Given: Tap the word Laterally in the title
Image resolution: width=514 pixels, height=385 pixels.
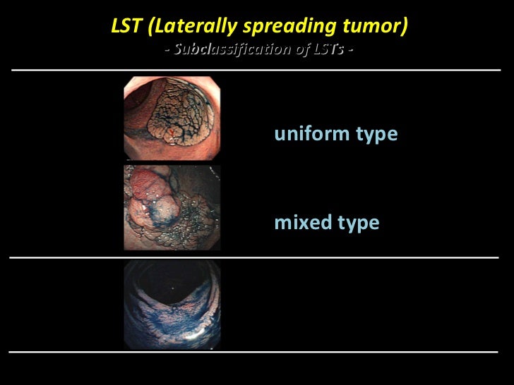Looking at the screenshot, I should (x=179, y=28).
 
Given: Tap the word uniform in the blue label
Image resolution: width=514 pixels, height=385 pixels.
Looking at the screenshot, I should (x=306, y=133).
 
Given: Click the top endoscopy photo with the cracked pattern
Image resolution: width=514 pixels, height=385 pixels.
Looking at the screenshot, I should (x=172, y=118).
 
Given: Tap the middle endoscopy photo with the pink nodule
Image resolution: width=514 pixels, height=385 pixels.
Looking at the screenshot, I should (x=172, y=207).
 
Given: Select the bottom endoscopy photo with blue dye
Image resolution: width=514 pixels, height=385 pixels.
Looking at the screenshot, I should (x=172, y=305).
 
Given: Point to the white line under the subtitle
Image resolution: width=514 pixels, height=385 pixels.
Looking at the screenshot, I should (x=257, y=71).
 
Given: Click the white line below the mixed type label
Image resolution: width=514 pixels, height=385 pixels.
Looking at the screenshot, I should (x=257, y=258).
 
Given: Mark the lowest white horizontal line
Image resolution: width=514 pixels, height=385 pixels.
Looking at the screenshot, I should (x=257, y=350).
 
